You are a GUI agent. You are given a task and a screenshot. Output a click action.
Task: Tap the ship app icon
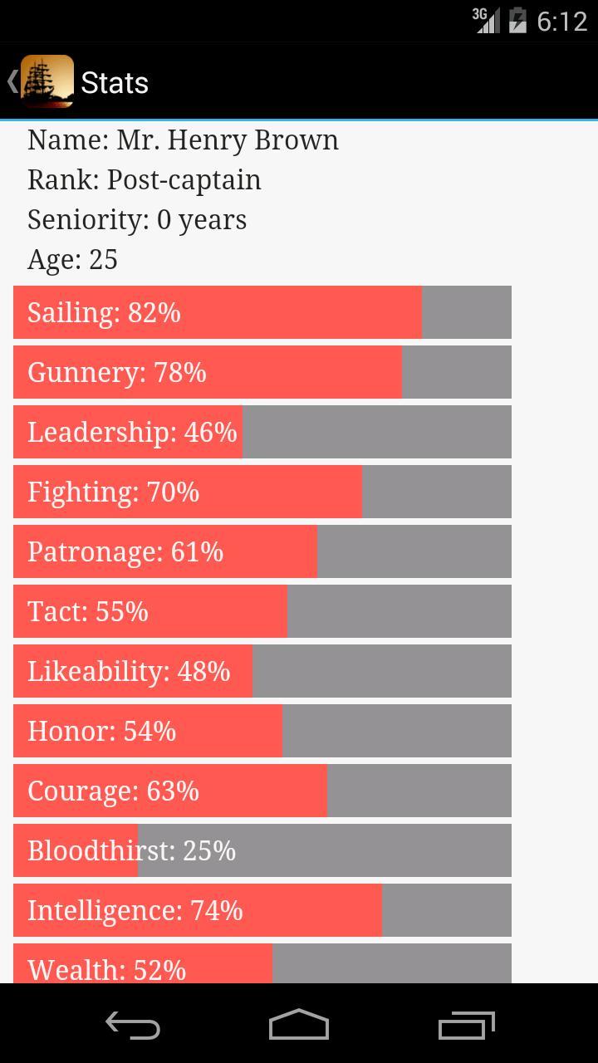(x=47, y=81)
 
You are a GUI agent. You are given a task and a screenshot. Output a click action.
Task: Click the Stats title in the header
(x=115, y=83)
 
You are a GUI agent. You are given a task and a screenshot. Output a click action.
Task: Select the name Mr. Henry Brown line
(x=183, y=140)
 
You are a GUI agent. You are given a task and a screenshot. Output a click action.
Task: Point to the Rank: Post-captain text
(x=144, y=180)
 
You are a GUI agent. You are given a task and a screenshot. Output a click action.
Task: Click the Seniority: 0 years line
(x=137, y=220)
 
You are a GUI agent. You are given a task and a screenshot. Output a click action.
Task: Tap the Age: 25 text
(x=72, y=260)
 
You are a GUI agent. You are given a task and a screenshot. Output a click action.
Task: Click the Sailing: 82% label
(x=104, y=313)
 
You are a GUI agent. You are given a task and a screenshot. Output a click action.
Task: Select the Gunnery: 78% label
(x=116, y=373)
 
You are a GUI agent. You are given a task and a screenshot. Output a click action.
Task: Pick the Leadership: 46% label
(x=132, y=433)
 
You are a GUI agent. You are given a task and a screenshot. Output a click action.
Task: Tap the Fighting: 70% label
(x=113, y=492)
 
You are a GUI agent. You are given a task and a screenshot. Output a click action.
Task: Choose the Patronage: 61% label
(x=125, y=552)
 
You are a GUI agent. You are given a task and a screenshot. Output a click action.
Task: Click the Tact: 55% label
(x=87, y=612)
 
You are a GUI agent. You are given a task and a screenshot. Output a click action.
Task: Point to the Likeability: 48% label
(x=129, y=672)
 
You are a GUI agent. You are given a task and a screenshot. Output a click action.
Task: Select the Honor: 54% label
(x=101, y=732)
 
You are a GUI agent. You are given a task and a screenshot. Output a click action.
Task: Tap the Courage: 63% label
(x=113, y=791)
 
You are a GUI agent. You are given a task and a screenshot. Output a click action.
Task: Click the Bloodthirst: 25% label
(x=131, y=851)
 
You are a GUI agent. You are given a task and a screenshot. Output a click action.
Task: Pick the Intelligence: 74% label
(x=135, y=911)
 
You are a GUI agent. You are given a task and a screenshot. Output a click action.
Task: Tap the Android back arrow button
(x=133, y=1026)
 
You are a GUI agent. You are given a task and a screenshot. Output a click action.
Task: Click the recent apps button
(x=466, y=1026)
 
